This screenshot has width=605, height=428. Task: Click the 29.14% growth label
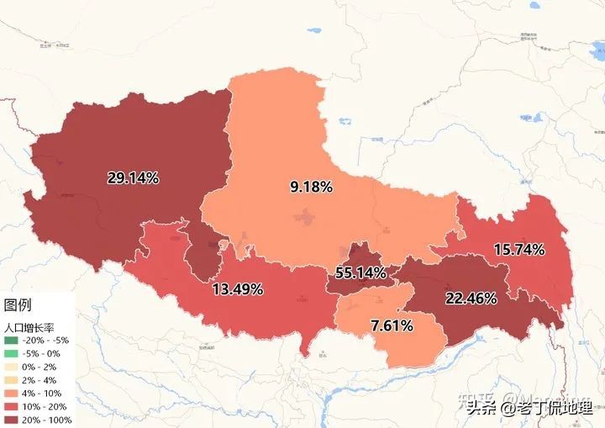point(133,177)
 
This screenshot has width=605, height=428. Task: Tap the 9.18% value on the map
point(312,187)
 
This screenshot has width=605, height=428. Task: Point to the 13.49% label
point(238,289)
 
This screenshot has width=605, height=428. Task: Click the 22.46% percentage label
point(471,298)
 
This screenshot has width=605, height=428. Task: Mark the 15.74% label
point(519,250)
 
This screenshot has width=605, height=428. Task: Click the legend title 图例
point(18,304)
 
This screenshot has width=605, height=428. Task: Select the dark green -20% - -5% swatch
point(11,341)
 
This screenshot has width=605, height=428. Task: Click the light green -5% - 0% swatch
point(11,354)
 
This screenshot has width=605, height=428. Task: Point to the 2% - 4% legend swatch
point(11,380)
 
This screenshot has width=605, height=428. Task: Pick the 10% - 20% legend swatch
point(11,406)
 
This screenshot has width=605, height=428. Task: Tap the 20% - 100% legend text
point(48,419)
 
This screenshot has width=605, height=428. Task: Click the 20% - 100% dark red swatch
point(11,419)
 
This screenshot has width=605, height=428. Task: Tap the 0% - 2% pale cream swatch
point(11,367)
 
